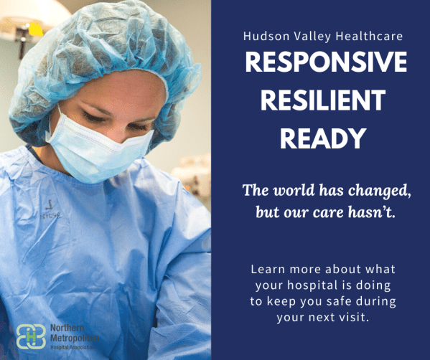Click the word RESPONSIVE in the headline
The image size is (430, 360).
(x=326, y=62)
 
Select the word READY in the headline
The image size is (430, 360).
(x=323, y=138)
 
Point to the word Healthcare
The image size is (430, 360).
(x=369, y=36)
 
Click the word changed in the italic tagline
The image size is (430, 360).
(x=380, y=191)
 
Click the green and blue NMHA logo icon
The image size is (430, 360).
(x=31, y=336)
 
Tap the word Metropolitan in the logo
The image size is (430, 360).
(x=75, y=338)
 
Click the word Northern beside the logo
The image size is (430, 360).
(x=67, y=328)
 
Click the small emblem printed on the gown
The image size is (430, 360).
(x=50, y=209)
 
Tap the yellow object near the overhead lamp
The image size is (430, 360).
(x=35, y=29)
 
